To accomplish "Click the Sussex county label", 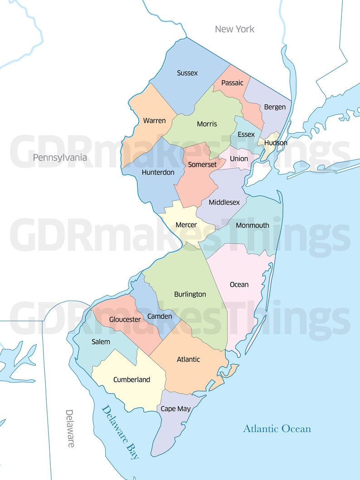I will (187, 73).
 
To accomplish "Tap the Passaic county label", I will (232, 83).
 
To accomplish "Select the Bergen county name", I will (275, 107).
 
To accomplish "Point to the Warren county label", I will (154, 121).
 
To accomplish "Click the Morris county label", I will (207, 124).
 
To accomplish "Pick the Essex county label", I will (246, 135).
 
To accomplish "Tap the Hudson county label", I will (276, 143).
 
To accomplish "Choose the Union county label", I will (239, 159).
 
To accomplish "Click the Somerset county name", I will (202, 165).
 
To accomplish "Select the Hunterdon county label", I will (158, 172).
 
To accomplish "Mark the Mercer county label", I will (186, 225).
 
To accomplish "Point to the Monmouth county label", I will (253, 225).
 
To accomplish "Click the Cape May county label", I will (176, 409).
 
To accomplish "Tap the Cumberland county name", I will (131, 379).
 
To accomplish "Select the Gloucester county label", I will (125, 320).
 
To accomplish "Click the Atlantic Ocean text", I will (277, 429).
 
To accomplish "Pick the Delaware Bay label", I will (120, 432).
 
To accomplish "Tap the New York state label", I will (234, 29).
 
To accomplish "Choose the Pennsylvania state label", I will (59, 158).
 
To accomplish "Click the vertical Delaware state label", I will (70, 428).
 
